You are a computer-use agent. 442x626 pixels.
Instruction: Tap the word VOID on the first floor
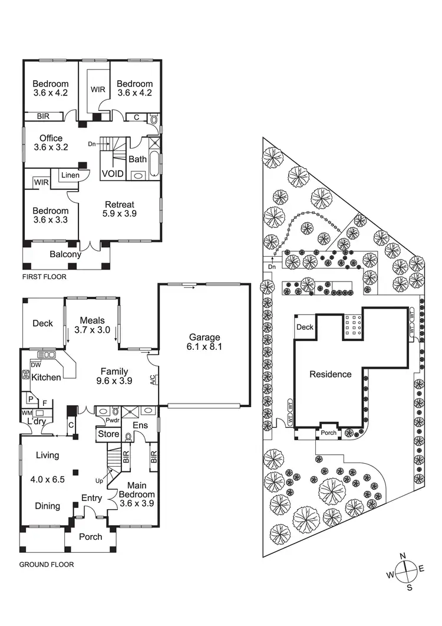pos(113,174)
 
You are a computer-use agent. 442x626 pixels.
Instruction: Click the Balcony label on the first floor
pos(65,254)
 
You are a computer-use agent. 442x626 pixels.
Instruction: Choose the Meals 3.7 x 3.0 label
pos(92,325)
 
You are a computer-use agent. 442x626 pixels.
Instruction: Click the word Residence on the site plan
pos(330,374)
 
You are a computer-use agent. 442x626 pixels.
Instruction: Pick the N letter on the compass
pos(403,556)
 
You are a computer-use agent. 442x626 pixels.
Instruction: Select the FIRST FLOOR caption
pos(44,277)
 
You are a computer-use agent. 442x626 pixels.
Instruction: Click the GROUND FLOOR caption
pos(47,565)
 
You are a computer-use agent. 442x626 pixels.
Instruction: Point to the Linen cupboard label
pos(71,175)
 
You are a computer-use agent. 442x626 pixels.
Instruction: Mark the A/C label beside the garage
pos(152,380)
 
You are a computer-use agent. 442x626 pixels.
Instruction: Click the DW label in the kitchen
pos(26,364)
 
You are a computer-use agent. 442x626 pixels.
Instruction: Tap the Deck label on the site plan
pos(305,327)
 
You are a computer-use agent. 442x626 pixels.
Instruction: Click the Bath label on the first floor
pos(137,159)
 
